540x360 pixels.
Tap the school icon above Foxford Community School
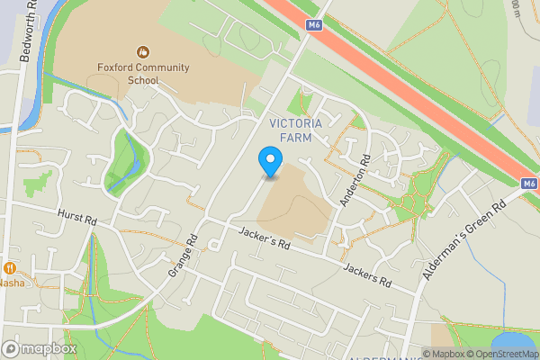143,52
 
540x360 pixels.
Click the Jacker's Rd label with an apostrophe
266,238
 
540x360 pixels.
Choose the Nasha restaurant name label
13,283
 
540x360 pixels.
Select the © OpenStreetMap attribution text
504,353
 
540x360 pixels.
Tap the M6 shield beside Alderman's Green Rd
529,184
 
